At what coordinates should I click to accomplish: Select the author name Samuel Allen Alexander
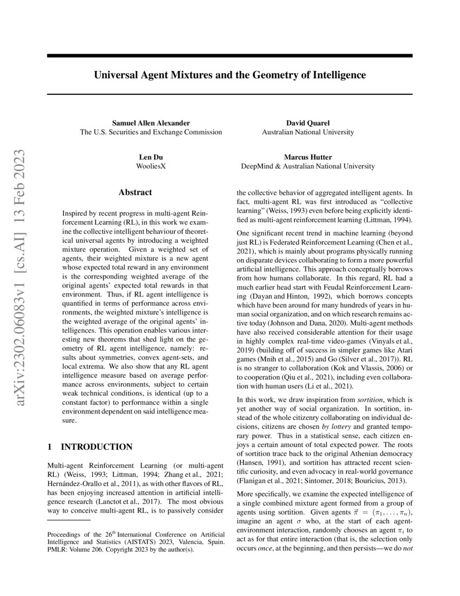tap(150, 123)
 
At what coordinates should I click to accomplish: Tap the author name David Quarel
tap(307, 123)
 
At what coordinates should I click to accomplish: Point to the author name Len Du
tap(150, 157)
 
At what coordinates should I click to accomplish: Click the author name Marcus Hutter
tap(307, 157)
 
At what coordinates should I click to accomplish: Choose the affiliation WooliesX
tap(150, 166)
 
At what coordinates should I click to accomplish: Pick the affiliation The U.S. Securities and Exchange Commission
tap(150, 132)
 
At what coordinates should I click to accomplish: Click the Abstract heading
tap(135, 192)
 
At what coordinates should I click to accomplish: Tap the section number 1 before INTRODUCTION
tap(50, 447)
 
